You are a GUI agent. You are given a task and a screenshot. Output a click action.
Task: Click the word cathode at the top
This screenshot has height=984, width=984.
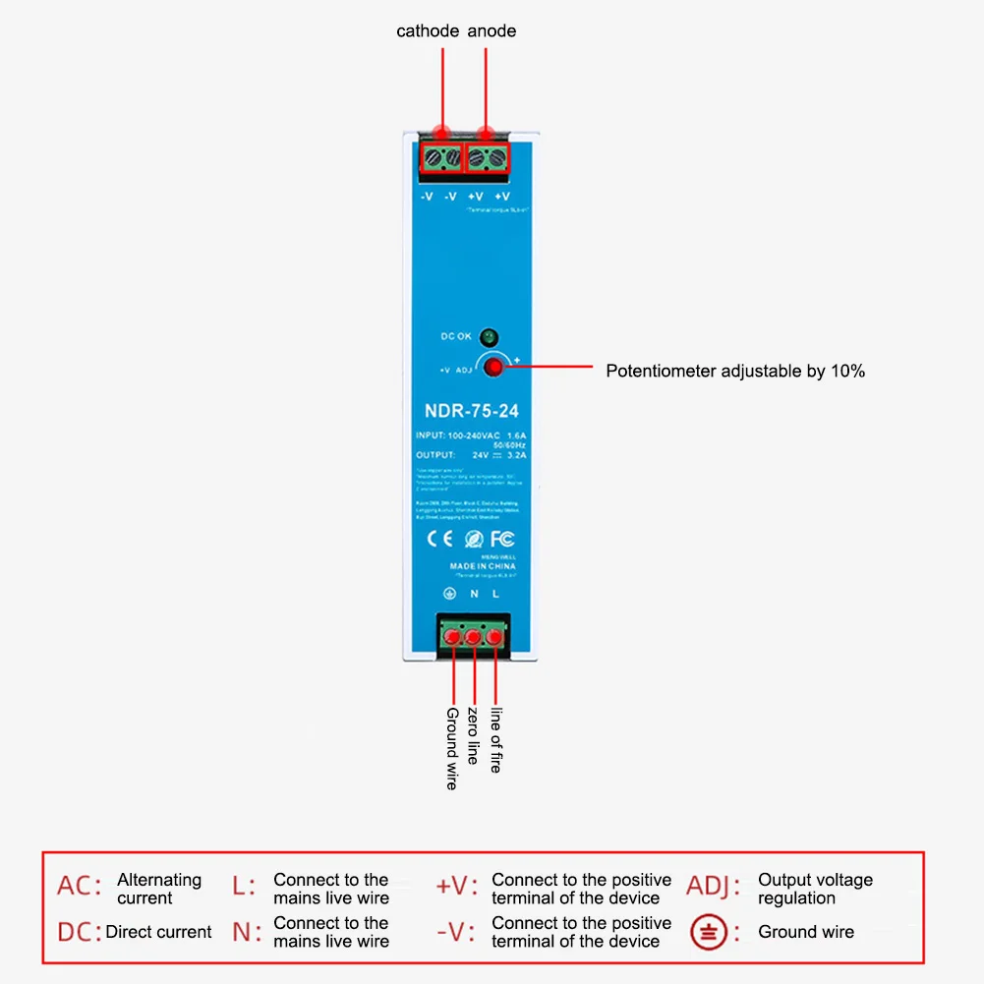[x=428, y=31]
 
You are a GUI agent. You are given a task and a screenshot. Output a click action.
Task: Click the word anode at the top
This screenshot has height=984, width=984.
[x=492, y=31]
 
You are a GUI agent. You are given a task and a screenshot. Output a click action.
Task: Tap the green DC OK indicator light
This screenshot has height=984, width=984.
[x=490, y=336]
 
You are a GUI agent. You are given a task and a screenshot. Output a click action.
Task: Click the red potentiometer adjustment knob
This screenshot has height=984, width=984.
[x=492, y=369]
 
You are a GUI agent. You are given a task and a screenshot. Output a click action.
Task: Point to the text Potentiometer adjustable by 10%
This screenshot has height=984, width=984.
[x=735, y=372]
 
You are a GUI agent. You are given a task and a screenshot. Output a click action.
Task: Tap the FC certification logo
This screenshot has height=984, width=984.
[x=502, y=539]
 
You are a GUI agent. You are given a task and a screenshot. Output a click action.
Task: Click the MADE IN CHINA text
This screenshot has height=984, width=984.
[x=482, y=566]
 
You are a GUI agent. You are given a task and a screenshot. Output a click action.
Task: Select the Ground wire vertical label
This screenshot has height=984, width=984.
[x=452, y=748]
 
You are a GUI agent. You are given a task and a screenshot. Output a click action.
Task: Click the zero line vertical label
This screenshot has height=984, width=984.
[x=474, y=735]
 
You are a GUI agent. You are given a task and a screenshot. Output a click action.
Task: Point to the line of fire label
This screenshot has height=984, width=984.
[x=495, y=739]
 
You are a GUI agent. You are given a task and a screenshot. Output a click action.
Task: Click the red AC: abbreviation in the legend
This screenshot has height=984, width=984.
[x=79, y=887]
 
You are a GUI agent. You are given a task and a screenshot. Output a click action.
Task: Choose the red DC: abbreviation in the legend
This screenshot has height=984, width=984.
[x=79, y=932]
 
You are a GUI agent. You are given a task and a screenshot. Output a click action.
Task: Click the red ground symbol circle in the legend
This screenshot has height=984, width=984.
[x=709, y=932]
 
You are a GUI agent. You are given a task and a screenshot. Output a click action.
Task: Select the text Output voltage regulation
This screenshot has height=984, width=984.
[x=815, y=889]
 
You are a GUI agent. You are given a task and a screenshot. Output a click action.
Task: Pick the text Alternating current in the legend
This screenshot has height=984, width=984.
[x=159, y=889]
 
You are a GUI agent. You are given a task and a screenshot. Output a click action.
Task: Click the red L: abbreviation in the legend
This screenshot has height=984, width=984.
[x=244, y=887]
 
